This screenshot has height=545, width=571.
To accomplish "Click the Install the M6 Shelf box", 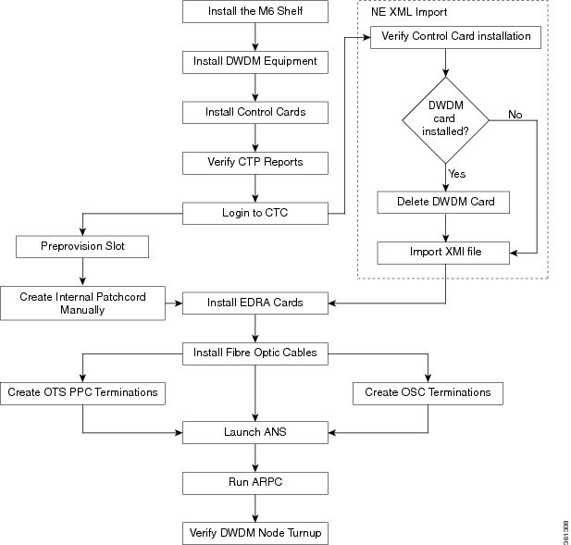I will [x=254, y=12].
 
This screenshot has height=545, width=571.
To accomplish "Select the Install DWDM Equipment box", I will [x=254, y=62].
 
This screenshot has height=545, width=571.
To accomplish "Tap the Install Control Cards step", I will [x=254, y=113].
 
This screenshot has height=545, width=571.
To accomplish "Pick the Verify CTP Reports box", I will [x=254, y=163].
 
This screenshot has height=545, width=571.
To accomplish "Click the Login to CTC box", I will [x=254, y=214].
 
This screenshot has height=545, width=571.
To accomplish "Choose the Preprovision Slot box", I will [x=81, y=247].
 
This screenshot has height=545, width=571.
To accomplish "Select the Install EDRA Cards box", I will [x=254, y=303].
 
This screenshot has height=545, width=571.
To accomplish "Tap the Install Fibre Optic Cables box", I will [x=254, y=353].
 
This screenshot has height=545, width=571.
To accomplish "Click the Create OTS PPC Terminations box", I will [x=82, y=392].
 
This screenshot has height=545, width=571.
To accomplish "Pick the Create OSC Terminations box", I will [x=428, y=392].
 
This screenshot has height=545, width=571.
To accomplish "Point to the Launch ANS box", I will [x=254, y=432].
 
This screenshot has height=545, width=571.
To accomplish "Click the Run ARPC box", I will [x=254, y=482].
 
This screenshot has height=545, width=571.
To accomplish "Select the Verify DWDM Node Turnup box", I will [x=254, y=533].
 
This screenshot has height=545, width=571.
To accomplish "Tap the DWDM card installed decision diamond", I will [x=446, y=118].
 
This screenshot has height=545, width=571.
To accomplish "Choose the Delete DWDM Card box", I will [x=444, y=202].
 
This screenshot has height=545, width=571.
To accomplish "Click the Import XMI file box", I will [x=444, y=252].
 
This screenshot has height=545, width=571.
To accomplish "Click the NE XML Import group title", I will [x=408, y=13].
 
